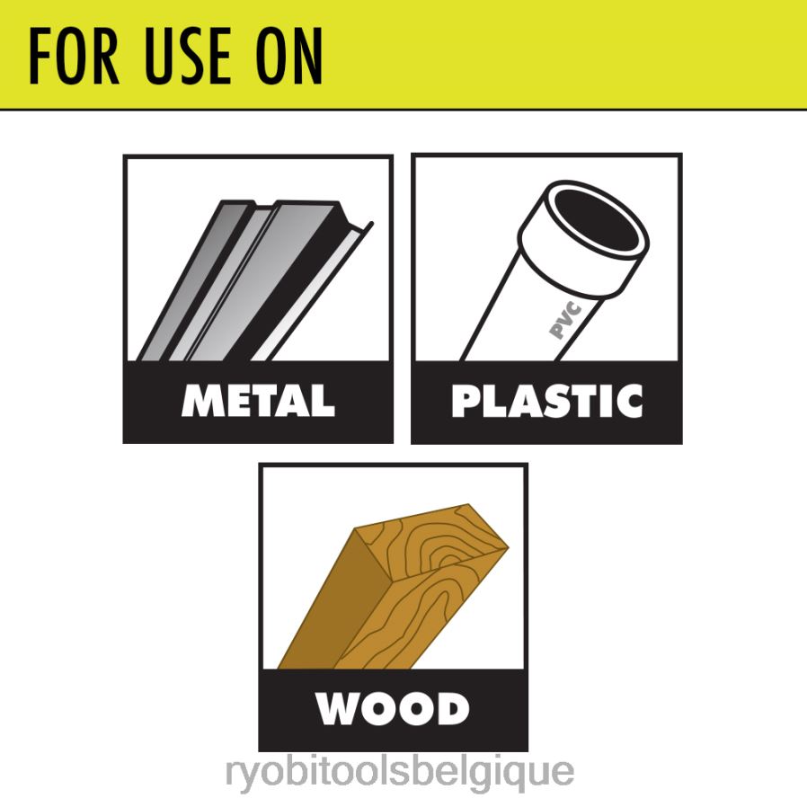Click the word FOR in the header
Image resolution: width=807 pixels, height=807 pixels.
[74, 56]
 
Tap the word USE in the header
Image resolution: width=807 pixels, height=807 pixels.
[188, 56]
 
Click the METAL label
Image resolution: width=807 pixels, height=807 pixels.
[258, 401]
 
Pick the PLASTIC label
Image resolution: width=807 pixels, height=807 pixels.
[547, 401]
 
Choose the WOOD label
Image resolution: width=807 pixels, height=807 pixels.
[392, 709]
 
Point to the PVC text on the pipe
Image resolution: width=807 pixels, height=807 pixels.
[565, 321]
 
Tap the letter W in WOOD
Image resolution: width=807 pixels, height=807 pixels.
[338, 709]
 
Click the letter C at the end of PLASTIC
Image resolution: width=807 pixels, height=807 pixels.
[628, 401]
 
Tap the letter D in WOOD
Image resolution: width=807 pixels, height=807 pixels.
[455, 709]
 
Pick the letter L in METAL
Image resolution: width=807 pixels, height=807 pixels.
[324, 401]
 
